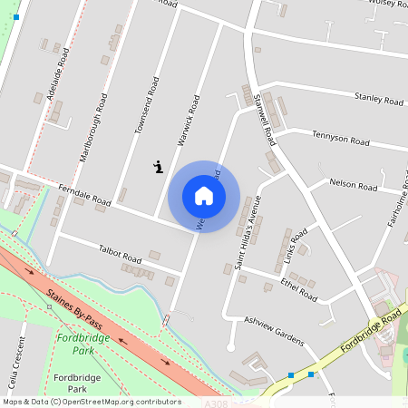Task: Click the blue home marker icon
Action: tap(204, 196)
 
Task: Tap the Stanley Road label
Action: tap(378, 97)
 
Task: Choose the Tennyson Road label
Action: tap(341, 141)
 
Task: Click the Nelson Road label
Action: tap(354, 185)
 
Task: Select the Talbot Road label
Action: tap(120, 253)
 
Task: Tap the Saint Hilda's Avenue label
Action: tap(248, 232)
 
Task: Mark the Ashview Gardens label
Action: tap(273, 330)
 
